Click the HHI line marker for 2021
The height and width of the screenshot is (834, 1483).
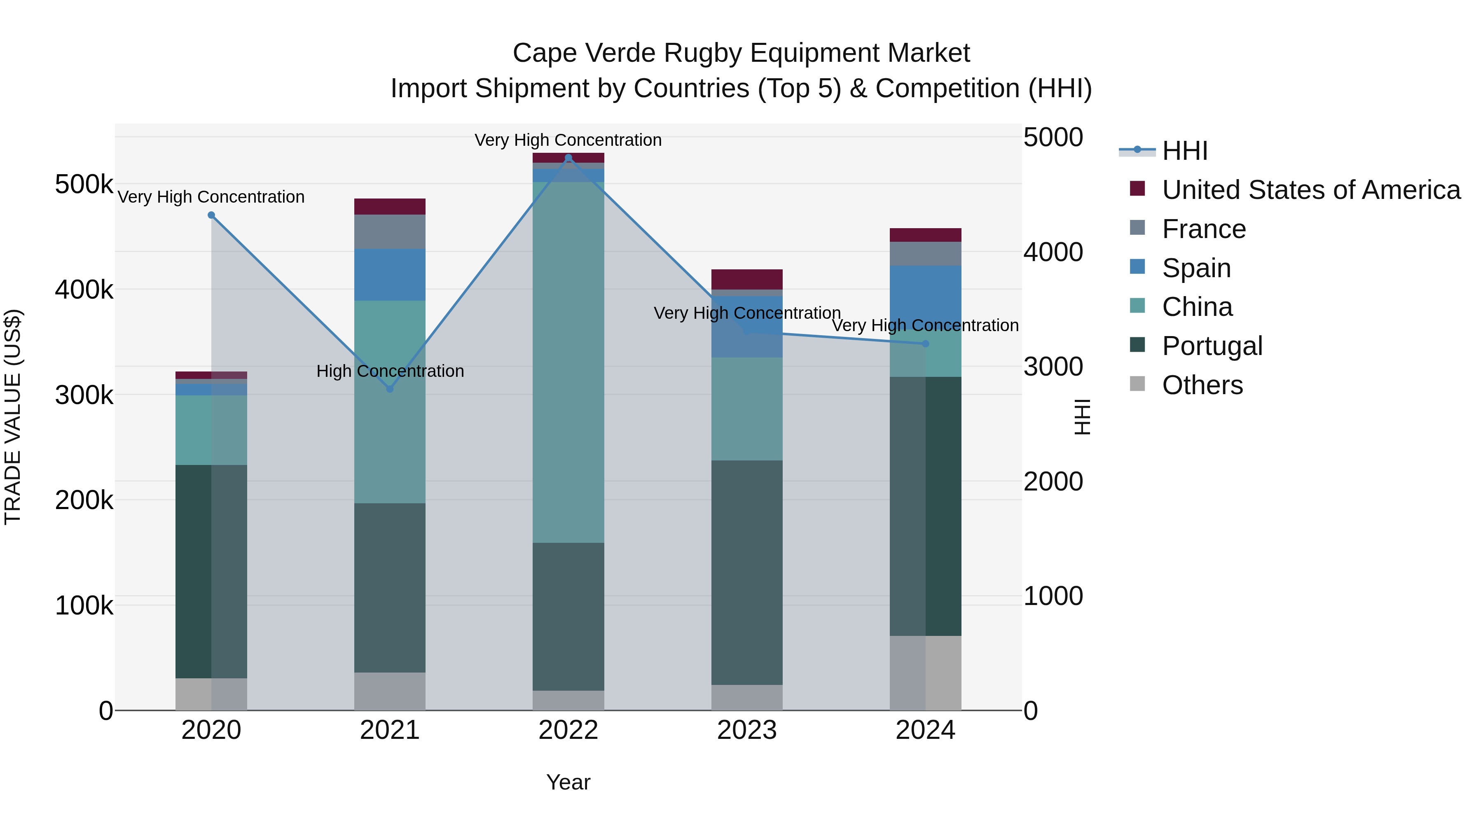point(390,389)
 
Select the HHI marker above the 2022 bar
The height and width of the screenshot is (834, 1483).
point(568,158)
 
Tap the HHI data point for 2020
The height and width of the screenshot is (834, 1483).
point(211,215)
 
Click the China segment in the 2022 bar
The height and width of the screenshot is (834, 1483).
point(568,362)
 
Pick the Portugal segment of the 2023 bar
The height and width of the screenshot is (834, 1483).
point(747,573)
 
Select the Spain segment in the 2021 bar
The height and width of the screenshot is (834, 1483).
point(390,275)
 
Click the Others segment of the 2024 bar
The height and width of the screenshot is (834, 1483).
point(925,673)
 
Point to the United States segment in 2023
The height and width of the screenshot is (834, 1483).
point(747,279)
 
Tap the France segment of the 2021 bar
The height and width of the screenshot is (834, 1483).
point(390,231)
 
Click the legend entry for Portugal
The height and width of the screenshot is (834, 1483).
point(1212,346)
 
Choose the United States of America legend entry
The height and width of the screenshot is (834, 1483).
point(1311,190)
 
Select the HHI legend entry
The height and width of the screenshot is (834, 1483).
point(1184,151)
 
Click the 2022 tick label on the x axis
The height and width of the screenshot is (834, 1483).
point(568,730)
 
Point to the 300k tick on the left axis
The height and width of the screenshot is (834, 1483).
point(84,395)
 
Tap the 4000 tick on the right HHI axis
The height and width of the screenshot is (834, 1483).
point(1053,252)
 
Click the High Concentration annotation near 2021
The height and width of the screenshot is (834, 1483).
point(390,371)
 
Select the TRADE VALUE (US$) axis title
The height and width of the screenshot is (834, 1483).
point(13,417)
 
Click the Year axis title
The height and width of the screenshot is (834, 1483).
point(568,782)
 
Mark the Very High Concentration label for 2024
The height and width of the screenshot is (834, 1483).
point(925,325)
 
